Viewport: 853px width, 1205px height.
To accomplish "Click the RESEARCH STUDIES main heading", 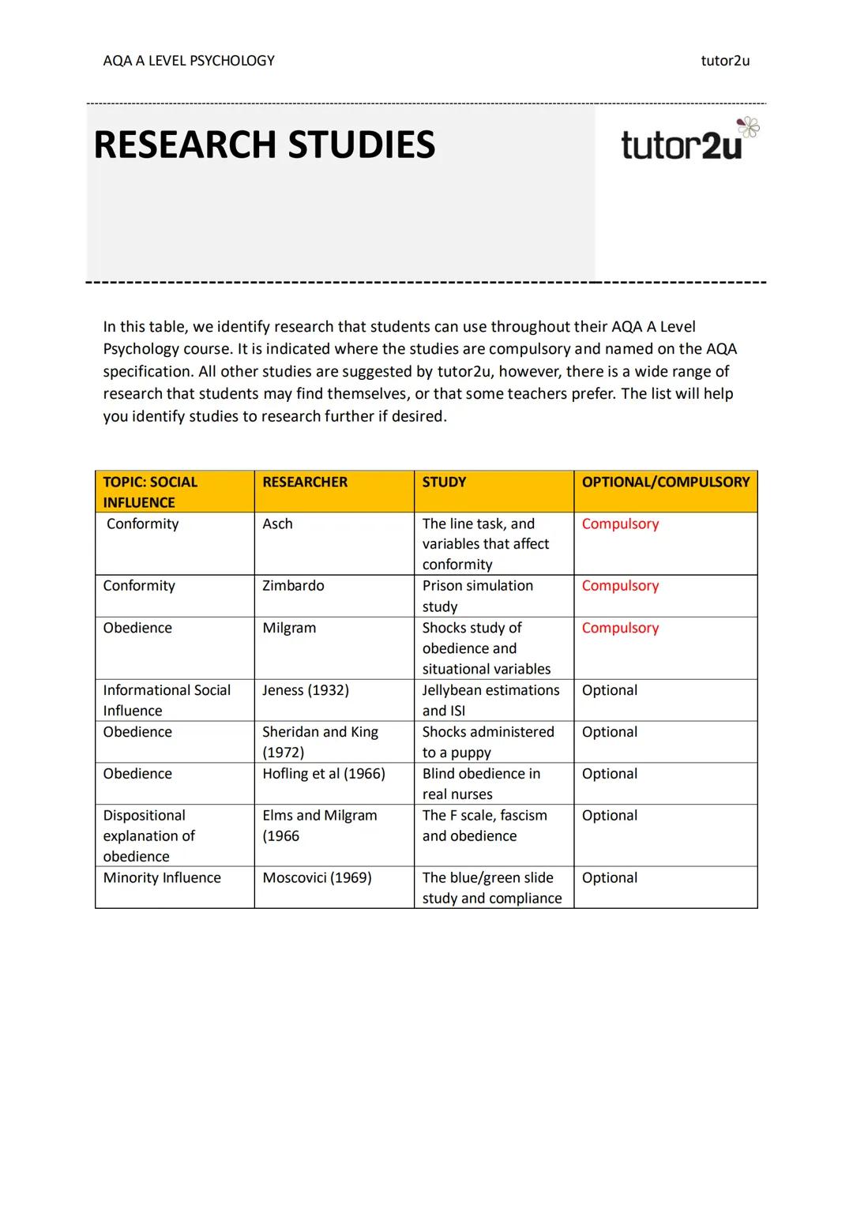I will [264, 145].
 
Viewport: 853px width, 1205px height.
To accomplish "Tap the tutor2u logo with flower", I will [690, 142].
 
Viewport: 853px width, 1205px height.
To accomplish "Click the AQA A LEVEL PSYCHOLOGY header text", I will [189, 61].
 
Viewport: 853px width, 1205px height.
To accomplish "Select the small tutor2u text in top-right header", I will [725, 61].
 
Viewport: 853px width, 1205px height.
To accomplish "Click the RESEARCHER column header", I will [305, 482].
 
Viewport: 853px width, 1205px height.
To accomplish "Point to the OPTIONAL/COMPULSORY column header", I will [665, 482].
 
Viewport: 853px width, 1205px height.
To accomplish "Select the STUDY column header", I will [444, 482].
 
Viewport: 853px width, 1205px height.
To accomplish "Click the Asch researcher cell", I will [278, 524].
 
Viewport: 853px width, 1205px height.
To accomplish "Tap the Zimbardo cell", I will [293, 586].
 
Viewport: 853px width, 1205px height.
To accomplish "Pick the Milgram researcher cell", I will [289, 629].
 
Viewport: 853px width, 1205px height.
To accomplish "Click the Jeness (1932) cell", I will [306, 691].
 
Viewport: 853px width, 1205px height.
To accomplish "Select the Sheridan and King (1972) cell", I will [320, 742].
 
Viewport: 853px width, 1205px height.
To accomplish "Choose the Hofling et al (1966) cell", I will [324, 775].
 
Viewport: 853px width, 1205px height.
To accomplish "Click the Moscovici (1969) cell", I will [317, 878].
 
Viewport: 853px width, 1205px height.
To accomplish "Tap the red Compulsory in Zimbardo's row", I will [620, 586].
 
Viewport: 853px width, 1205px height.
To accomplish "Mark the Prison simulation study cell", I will [477, 596].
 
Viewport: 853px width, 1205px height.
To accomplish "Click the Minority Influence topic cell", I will [162, 878].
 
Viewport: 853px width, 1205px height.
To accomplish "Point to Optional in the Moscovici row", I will [609, 878].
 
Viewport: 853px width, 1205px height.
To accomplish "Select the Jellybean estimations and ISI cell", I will [490, 700].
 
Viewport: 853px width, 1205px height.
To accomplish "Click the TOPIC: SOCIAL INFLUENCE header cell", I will [150, 492].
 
